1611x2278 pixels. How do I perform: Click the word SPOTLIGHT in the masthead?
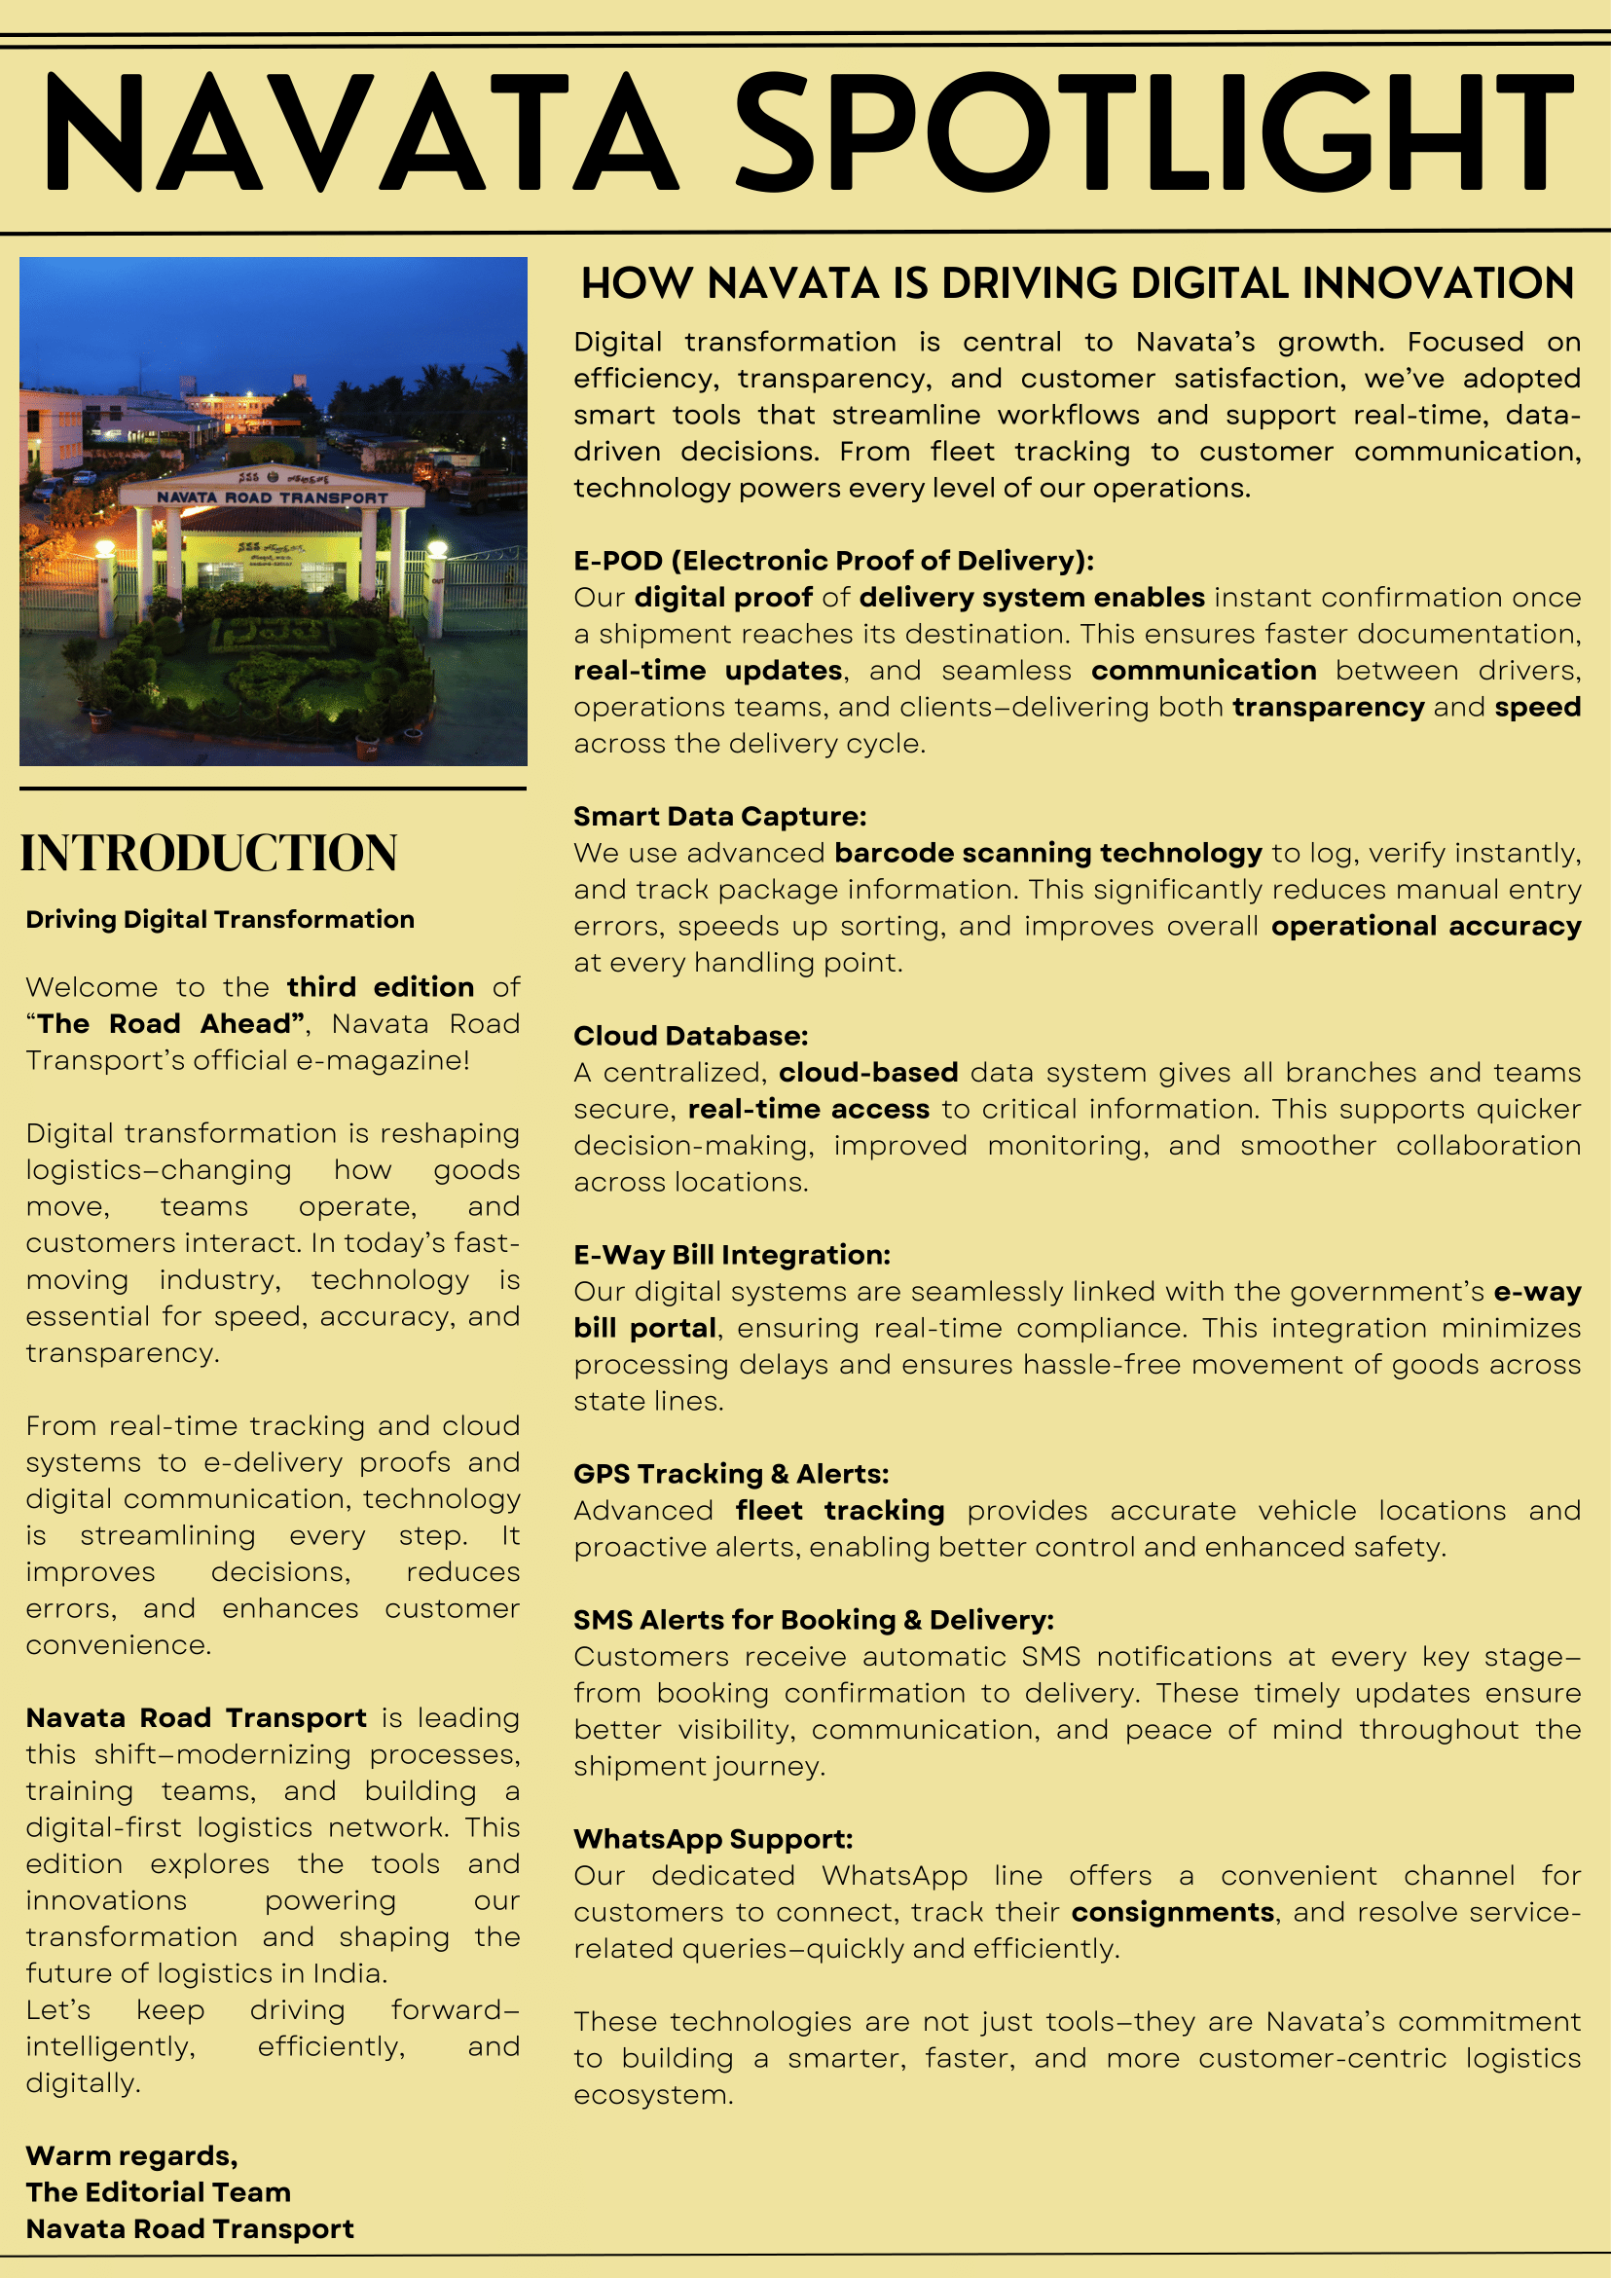click(1153, 131)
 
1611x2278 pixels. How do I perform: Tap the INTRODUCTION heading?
click(209, 853)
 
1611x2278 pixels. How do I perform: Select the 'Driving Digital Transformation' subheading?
click(220, 920)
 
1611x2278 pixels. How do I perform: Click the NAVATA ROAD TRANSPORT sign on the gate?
click(273, 497)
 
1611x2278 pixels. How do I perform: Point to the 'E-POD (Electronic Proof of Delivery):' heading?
click(833, 561)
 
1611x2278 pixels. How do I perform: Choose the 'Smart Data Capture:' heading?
click(719, 817)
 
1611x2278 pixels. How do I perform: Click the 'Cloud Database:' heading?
click(690, 1036)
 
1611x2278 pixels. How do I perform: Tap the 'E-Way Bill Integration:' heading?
click(732, 1255)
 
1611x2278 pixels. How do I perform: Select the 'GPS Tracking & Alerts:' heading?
click(731, 1474)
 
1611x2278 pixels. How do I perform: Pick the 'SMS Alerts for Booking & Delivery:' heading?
click(814, 1620)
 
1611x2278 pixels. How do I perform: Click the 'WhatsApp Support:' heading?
click(714, 1840)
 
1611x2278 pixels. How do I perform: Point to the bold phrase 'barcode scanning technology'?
click(1047, 853)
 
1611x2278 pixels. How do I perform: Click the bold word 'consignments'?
click(1173, 1912)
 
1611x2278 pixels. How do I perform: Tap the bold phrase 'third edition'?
click(380, 987)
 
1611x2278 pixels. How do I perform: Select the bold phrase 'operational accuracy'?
click(1425, 926)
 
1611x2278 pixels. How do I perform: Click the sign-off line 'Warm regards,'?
click(132, 2156)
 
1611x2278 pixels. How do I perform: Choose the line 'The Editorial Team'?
click(159, 2192)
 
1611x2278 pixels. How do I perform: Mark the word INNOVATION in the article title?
click(1438, 283)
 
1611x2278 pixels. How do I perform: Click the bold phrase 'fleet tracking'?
click(839, 1511)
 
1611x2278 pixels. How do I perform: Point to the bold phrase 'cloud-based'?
click(868, 1073)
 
